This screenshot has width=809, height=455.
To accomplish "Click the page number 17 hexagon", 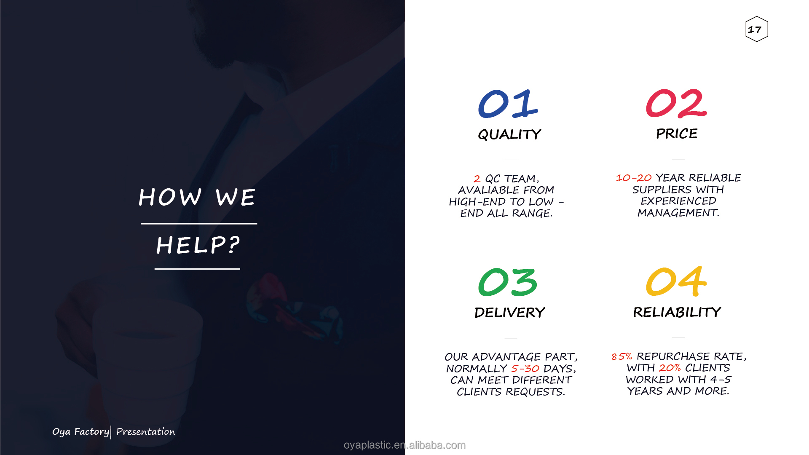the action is [x=757, y=29].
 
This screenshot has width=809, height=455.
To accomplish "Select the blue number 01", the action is [x=508, y=104].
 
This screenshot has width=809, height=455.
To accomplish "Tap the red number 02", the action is [x=676, y=103].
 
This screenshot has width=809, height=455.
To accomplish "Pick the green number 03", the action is [x=508, y=282].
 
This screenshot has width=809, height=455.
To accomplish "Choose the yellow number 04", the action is [x=676, y=281].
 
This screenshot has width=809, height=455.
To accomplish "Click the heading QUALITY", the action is [x=509, y=134].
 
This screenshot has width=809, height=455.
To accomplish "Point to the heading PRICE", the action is [x=677, y=134].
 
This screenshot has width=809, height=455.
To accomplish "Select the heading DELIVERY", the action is [x=509, y=313].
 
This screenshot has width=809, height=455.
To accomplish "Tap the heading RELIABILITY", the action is [x=677, y=312].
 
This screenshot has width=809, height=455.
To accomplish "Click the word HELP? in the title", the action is [x=198, y=245].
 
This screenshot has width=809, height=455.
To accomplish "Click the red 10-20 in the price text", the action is [x=634, y=178].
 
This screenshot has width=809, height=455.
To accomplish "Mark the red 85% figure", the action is [x=622, y=356].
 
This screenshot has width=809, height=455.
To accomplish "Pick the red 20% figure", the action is [x=670, y=368].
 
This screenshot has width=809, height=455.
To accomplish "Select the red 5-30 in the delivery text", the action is [x=525, y=369].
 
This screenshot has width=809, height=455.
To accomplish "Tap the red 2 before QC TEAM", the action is [x=477, y=179].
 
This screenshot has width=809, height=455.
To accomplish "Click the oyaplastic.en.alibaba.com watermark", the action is [x=404, y=445].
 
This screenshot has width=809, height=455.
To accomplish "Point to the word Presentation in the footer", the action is [x=146, y=432].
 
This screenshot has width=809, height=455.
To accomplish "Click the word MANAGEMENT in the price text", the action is [x=677, y=213].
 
